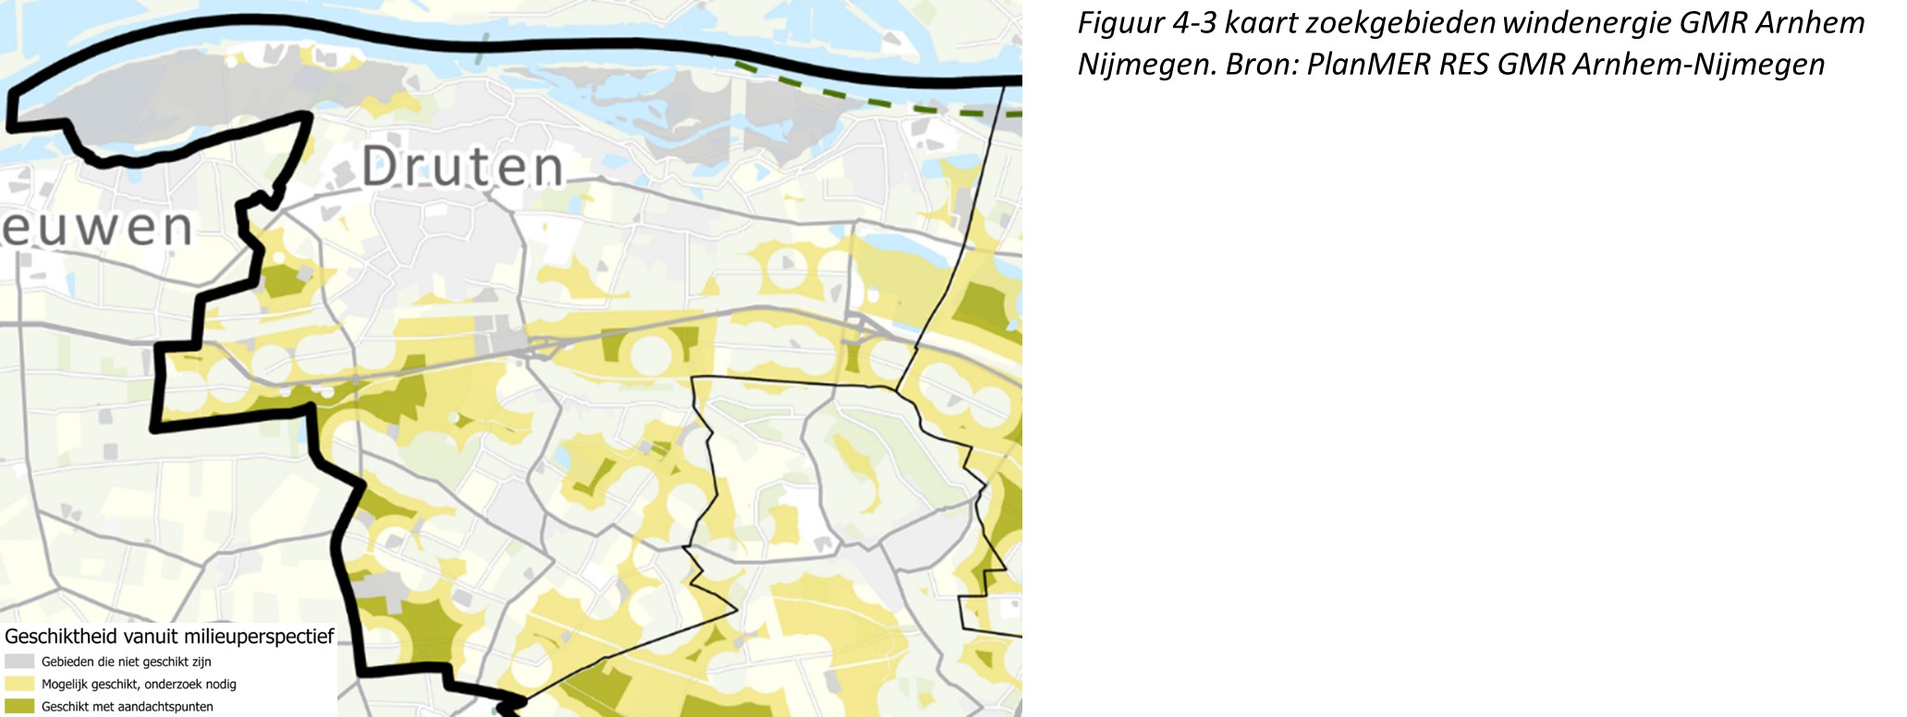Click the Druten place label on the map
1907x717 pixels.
462,167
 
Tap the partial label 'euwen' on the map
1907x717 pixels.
96,227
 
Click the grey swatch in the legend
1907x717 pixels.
19,662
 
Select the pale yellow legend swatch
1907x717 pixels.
19,685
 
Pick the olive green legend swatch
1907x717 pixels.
19,707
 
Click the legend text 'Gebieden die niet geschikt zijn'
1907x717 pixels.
127,662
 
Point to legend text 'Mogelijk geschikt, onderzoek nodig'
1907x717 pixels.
139,685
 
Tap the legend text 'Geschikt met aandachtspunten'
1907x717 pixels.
128,707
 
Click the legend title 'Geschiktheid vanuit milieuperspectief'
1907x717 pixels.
169,637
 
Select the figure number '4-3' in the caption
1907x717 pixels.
1194,23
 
